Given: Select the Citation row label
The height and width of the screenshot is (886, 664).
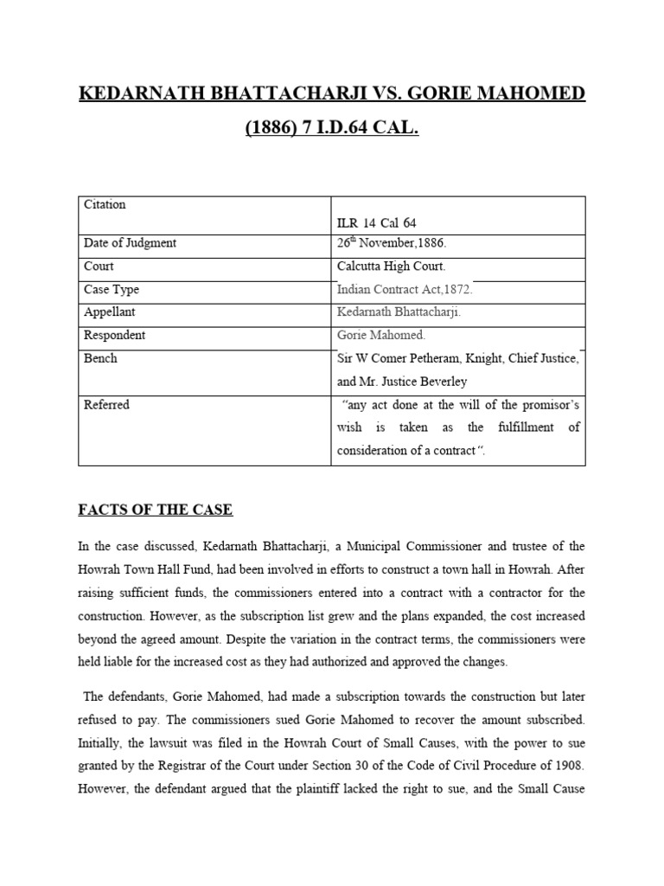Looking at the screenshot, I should tap(105, 204).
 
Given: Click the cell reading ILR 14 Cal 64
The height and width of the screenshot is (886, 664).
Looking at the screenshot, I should tap(376, 223).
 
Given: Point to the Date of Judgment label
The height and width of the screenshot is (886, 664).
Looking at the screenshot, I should tap(130, 243).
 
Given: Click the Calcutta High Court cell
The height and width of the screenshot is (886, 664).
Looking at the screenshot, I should tap(391, 266).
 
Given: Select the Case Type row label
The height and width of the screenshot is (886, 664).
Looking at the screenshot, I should tap(112, 290).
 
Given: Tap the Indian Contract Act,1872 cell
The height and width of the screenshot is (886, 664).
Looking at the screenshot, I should tap(405, 290).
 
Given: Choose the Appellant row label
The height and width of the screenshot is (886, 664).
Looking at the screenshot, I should tap(110, 311).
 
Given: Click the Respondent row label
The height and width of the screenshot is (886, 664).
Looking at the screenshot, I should tap(114, 335).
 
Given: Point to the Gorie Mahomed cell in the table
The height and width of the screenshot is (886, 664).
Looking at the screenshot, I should tap(381, 335).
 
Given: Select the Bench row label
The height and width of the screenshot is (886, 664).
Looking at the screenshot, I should tap(100, 357).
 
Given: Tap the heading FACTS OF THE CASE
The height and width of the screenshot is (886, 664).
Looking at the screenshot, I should tap(156, 510).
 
